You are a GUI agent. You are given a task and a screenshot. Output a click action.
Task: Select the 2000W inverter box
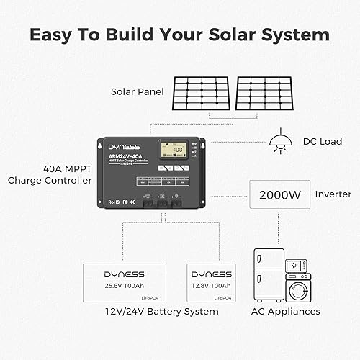[x=279, y=194]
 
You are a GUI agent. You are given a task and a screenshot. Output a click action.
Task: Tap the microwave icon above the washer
[x=297, y=264]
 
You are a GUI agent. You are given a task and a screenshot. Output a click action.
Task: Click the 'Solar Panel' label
[x=137, y=91]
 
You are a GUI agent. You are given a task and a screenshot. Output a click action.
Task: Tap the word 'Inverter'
[x=333, y=194]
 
